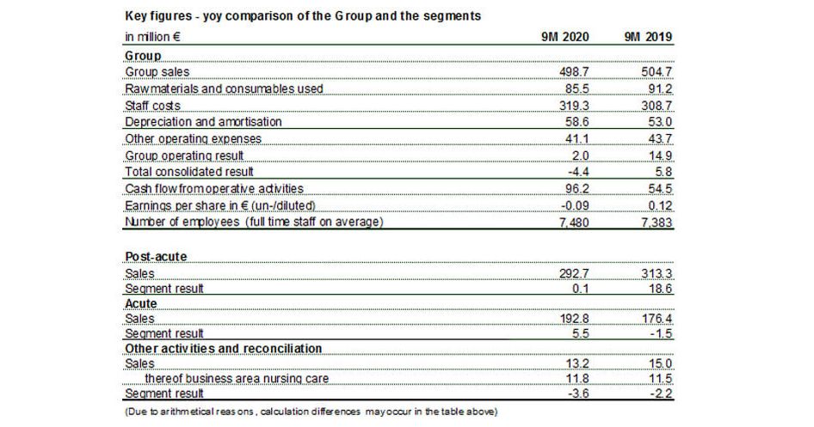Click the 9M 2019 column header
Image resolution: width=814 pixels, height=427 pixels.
click(x=648, y=38)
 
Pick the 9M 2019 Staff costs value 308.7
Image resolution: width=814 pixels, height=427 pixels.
click(x=657, y=106)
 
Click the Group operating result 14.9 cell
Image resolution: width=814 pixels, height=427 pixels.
click(x=660, y=156)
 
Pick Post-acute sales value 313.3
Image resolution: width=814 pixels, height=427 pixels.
click(x=657, y=272)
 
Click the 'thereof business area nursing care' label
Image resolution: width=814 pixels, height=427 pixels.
click(x=236, y=378)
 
